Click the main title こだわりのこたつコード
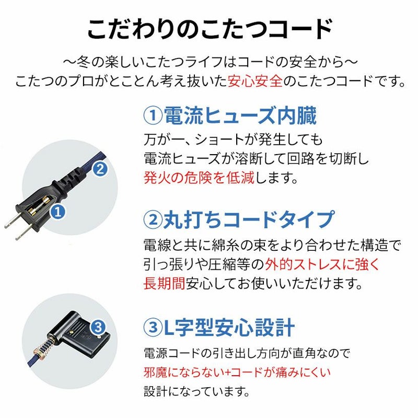[210, 29]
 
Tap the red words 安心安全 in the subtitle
[255, 81]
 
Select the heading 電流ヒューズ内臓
[240, 115]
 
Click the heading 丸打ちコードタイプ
[249, 219]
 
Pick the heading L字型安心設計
[229, 327]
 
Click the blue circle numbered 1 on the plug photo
[58, 212]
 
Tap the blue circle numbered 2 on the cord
[100, 169]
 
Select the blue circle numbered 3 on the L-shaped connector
[98, 328]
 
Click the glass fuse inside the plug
[40, 205]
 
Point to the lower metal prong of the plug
[23, 233]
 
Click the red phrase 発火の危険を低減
[199, 178]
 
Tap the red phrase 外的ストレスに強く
[322, 264]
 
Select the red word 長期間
[164, 283]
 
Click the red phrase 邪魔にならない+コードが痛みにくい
[237, 373]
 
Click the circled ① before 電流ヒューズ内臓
[153, 115]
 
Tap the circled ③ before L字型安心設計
[153, 328]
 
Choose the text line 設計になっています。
[197, 391]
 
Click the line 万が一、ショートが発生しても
[233, 140]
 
